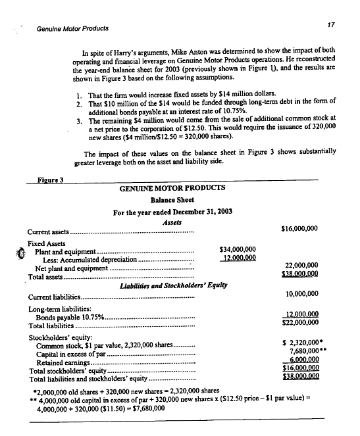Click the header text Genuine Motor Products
[x=72, y=29]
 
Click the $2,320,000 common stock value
[x=301, y=343]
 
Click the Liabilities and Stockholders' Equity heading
[x=171, y=285]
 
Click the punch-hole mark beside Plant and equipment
[x=20, y=252]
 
